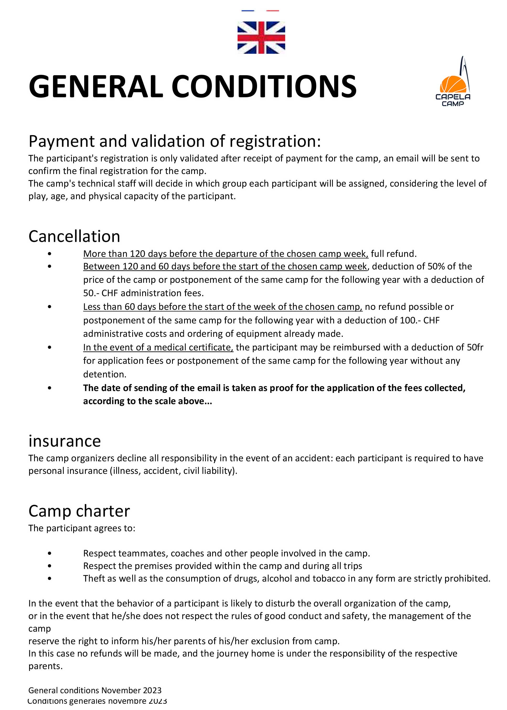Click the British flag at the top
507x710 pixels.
coord(261,37)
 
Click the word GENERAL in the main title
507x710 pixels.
coord(96,86)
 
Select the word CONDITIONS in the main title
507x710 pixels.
coord(264,86)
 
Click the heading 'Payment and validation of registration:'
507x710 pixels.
coord(174,141)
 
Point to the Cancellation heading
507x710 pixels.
coord(74,236)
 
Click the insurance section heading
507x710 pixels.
coord(65,441)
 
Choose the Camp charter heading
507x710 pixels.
coord(79,511)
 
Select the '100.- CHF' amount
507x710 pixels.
coord(420,320)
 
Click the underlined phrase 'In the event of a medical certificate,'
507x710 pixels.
coord(158,347)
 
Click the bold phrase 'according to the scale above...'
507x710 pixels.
coord(147,401)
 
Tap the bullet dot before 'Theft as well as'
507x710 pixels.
coord(50,578)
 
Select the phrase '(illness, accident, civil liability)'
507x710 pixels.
coord(174,471)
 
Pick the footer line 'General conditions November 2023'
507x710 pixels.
coord(95,690)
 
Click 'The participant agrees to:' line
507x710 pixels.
coord(82,528)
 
